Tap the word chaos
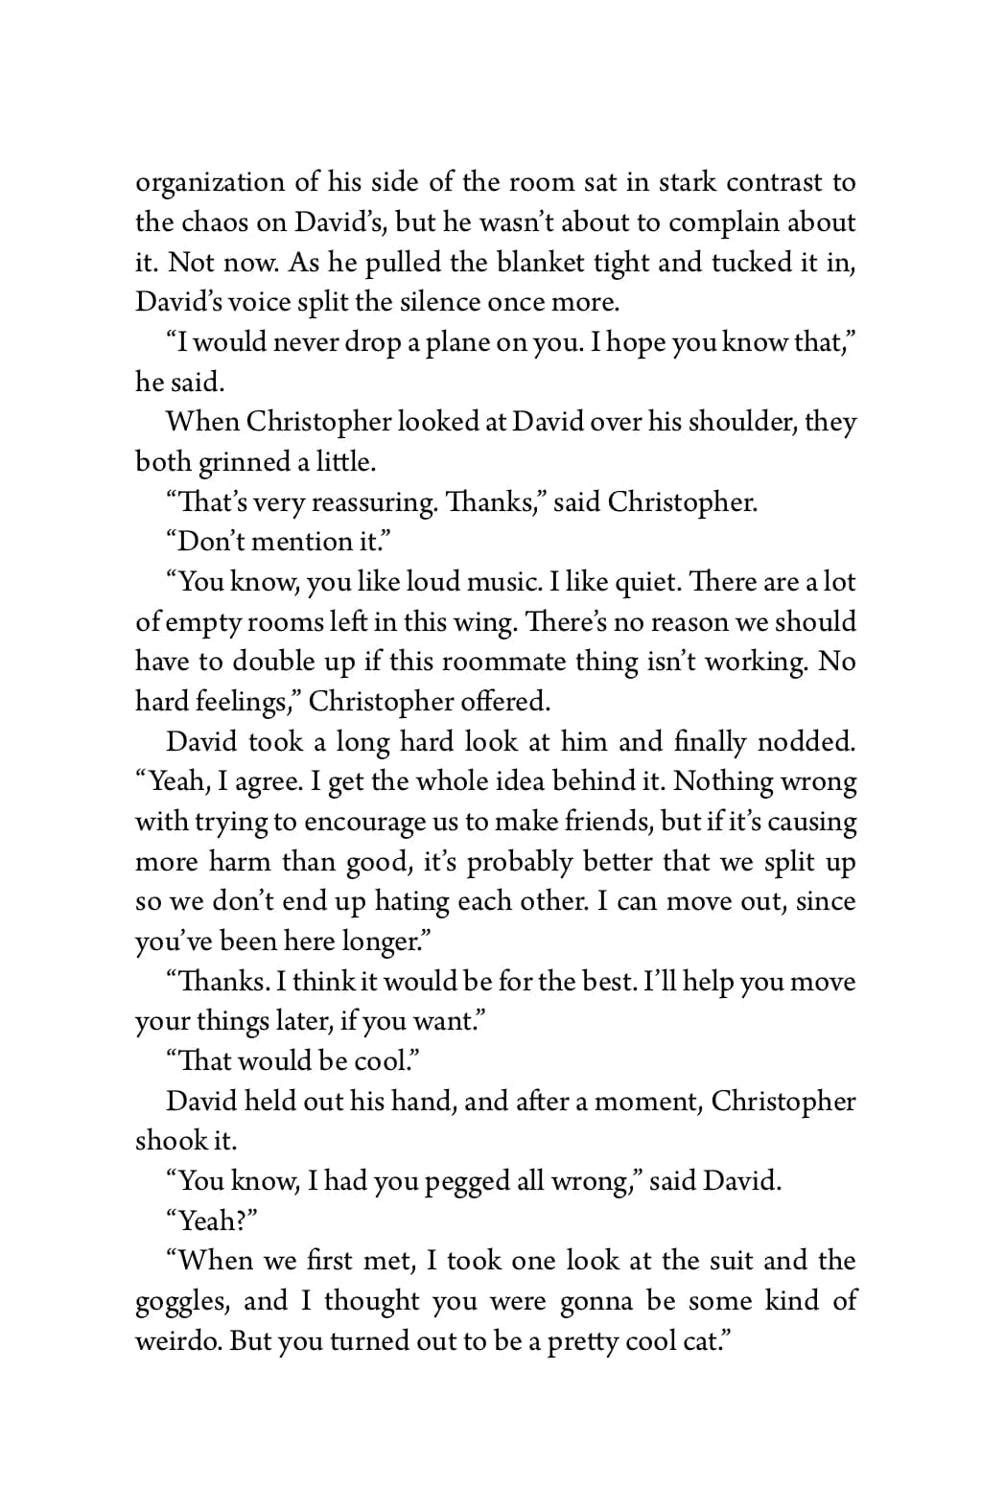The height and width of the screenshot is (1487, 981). [217, 222]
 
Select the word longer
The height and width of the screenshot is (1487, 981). [385, 942]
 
